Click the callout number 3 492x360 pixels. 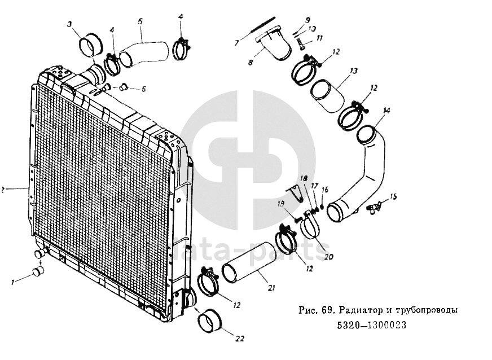[69, 24]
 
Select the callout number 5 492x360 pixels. [139, 21]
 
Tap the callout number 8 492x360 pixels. [251, 63]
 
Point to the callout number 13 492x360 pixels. [353, 72]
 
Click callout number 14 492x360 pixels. [386, 110]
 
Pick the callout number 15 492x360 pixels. [394, 196]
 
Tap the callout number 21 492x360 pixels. [271, 288]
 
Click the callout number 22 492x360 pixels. [240, 339]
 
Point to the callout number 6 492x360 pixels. [143, 89]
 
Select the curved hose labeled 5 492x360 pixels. [144, 52]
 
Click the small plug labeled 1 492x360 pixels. [39, 271]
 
